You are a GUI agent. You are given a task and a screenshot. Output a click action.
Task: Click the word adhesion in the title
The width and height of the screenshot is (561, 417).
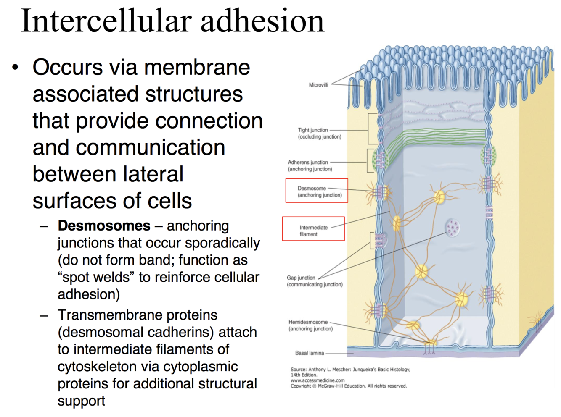coord(262,21)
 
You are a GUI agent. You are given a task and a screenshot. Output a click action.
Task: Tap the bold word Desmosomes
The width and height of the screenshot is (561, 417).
coord(104,226)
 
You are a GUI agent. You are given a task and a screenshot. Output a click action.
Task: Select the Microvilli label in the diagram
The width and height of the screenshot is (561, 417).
coord(318,85)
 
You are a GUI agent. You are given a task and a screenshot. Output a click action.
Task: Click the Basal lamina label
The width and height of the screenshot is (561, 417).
coord(310,353)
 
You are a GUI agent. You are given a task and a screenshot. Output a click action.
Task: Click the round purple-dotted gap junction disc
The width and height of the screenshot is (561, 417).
coord(453,228)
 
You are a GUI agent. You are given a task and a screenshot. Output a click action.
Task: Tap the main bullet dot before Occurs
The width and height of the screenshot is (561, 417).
coord(16,68)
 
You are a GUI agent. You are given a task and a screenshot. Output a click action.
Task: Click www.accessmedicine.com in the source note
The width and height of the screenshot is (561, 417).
coord(318,380)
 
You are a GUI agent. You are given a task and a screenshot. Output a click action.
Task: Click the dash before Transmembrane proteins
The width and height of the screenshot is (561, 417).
coord(44,315)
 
